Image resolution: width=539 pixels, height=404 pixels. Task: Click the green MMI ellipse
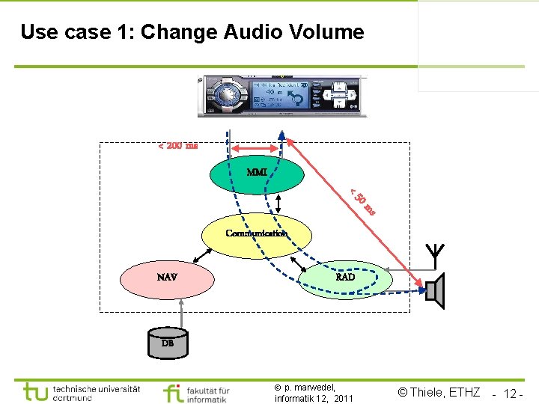(x=257, y=174)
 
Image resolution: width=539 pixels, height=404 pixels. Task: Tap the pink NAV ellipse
(x=167, y=278)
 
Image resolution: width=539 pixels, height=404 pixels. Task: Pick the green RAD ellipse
(x=346, y=278)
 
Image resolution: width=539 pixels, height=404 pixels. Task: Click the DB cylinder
(x=167, y=342)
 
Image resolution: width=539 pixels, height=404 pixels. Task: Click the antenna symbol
(x=432, y=255)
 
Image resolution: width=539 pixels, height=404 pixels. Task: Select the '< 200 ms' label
(x=177, y=145)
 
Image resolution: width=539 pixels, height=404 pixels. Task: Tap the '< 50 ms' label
(x=362, y=201)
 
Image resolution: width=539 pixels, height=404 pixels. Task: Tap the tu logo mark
(x=34, y=392)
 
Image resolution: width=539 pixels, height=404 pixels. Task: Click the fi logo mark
(x=172, y=393)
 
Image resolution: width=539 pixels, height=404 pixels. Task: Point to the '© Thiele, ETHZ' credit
(x=439, y=392)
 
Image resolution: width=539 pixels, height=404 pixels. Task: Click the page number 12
(x=512, y=394)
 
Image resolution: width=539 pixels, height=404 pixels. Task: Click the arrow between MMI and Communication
(x=278, y=203)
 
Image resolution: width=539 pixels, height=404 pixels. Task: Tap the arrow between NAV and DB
(x=167, y=311)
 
